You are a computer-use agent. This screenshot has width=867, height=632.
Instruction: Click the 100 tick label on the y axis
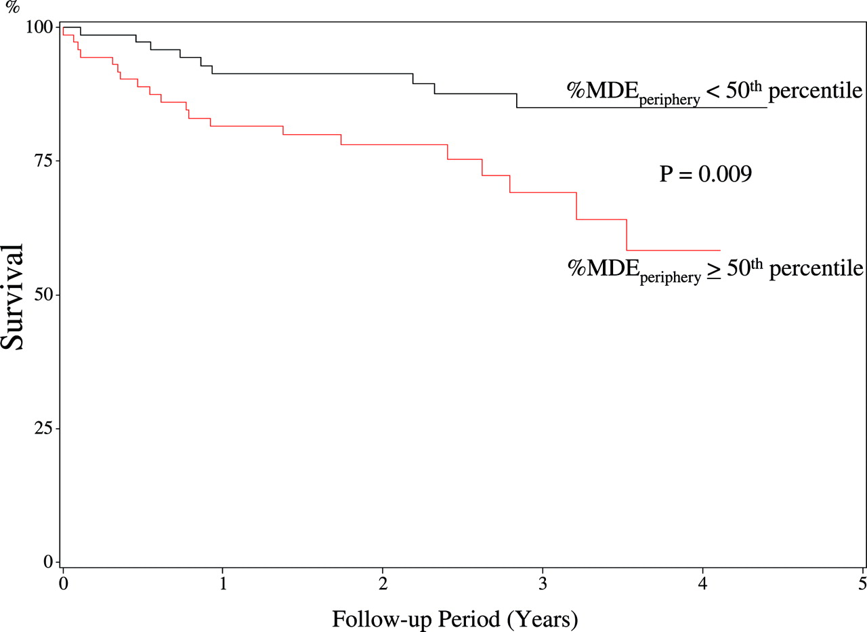39,28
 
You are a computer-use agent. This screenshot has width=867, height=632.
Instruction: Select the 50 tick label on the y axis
43,295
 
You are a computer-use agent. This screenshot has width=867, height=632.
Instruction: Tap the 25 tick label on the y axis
43,428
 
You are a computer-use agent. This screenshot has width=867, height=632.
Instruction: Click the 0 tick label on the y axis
48,562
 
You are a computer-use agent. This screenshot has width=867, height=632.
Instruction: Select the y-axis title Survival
12,297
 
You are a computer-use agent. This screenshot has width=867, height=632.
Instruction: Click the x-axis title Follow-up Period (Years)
455,619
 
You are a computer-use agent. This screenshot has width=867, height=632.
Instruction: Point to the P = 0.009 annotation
706,174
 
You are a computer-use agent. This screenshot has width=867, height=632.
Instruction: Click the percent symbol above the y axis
13,7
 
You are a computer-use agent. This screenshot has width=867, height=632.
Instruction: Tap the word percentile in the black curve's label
815,91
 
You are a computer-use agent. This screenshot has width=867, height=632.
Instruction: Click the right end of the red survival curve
720,251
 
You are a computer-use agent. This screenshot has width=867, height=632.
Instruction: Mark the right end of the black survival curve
767,108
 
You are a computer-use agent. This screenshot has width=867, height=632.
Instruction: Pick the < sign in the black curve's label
713,91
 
